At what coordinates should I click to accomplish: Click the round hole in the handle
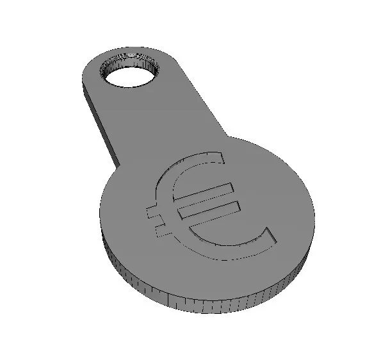point(129,78)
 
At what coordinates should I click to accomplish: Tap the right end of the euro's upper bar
point(229,185)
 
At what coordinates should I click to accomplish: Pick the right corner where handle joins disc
point(228,136)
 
